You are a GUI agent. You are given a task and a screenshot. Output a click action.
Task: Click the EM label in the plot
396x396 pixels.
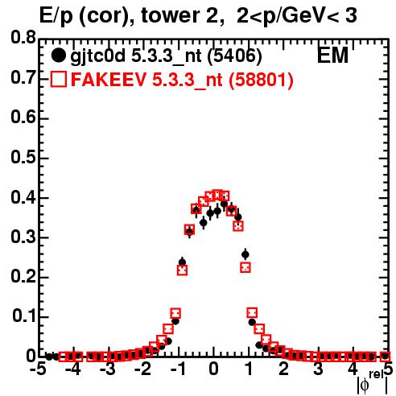click(332, 56)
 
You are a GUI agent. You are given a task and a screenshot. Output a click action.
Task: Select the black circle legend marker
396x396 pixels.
click(58, 56)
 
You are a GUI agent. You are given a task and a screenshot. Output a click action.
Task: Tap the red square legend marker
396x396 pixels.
click(59, 79)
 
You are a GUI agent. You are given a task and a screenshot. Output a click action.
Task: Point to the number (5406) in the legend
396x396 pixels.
click(235, 56)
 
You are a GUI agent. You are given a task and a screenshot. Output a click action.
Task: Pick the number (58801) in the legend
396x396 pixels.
click(261, 80)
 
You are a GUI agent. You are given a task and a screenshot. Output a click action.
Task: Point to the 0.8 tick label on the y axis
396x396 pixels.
click(23, 37)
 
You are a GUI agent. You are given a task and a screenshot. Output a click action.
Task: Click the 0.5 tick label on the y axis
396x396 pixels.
click(23, 157)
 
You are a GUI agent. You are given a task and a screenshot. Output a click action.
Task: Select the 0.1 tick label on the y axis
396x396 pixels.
click(24, 316)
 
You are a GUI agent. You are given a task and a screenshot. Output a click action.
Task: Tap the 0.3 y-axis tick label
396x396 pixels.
click(23, 237)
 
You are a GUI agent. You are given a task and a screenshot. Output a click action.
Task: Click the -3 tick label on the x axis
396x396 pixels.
click(108, 369)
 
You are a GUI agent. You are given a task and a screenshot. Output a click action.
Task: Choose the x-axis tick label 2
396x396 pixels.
click(283, 369)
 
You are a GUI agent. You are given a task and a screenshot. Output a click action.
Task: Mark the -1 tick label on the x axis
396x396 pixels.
click(177, 369)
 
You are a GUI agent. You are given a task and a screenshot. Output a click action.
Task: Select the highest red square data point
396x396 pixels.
click(217, 195)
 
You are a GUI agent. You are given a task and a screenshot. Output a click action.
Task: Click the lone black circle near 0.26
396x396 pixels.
click(245, 254)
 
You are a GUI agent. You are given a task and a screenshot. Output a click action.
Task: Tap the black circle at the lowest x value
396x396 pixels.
click(49, 357)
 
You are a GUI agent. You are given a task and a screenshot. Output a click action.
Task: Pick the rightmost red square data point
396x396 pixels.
click(386, 357)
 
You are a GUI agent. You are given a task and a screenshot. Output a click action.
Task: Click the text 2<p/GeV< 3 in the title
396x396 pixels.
click(297, 15)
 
